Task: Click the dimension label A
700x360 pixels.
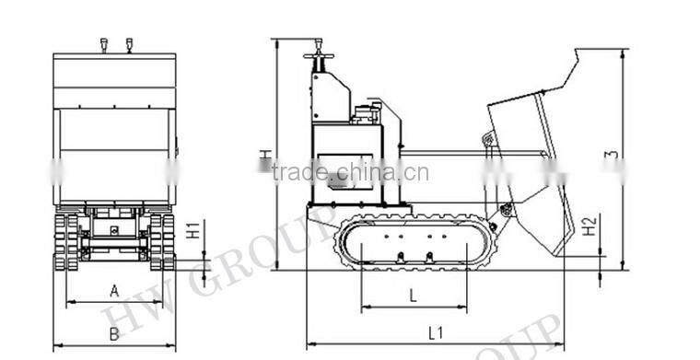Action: point(114,290)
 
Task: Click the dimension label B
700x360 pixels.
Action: point(114,333)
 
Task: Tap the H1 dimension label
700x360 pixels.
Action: point(192,230)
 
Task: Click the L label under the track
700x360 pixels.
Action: point(413,295)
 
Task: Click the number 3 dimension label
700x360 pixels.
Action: point(611,157)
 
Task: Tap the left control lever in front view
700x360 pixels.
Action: point(103,44)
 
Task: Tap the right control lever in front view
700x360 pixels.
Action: point(129,44)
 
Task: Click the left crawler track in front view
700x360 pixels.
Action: point(66,241)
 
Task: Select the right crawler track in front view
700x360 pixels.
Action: point(162,241)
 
